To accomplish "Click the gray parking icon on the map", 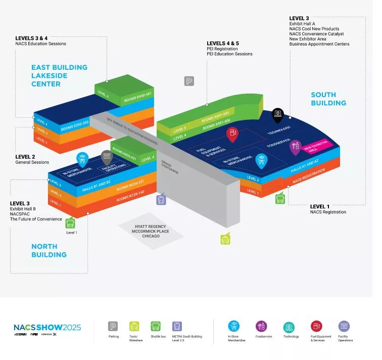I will coord(189,81).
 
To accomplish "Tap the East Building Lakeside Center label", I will coord(59,75).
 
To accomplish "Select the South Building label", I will coord(328,99).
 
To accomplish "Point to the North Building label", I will coord(49,250).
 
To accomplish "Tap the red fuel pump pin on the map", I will coord(232,133).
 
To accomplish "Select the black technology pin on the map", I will coord(277,115).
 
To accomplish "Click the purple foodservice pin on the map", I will coord(294,147).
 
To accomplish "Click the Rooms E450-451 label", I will coord(138,97).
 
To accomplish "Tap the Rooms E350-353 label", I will coord(75,125).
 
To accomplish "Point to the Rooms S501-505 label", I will coord(215,117).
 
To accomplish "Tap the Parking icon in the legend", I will coord(113,326).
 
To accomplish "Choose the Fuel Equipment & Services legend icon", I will coord(316,326).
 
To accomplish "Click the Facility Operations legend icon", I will coord(344,326).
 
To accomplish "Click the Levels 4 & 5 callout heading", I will coord(223,43).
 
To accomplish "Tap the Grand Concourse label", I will coord(167,166).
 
